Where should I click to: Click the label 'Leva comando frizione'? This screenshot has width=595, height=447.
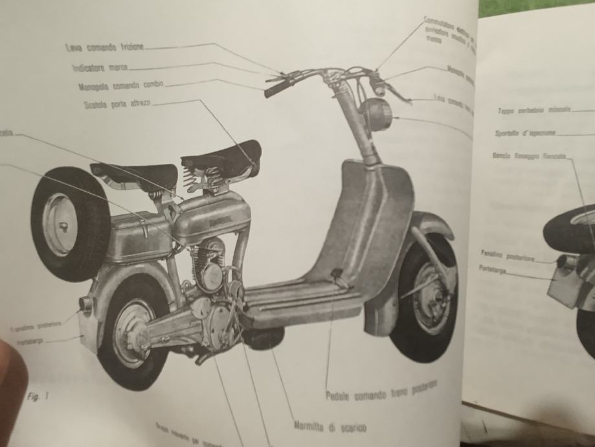pos(105,47)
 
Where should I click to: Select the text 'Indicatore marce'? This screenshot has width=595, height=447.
pos(101,67)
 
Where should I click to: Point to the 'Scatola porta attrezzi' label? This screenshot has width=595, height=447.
pos(117,104)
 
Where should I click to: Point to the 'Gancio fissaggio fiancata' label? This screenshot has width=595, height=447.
pos(529,156)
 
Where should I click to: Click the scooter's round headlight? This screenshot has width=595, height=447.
pos(376,115)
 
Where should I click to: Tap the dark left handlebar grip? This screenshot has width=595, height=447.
pos(276,88)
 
